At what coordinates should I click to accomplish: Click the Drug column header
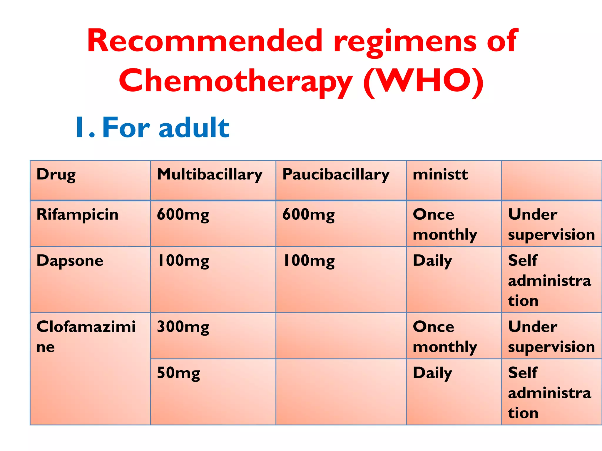(56, 175)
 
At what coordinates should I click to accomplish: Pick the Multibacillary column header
(209, 175)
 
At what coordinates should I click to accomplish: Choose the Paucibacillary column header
(336, 175)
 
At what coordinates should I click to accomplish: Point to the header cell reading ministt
(440, 175)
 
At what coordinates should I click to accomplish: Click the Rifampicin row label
(77, 215)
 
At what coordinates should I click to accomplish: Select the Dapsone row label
(70, 261)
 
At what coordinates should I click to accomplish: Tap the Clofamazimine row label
(86, 336)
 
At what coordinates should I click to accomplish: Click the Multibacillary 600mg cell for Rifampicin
(183, 215)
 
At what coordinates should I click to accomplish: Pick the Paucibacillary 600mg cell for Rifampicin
(308, 215)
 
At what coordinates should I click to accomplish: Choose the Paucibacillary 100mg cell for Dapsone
(308, 261)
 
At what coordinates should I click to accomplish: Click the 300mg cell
(183, 327)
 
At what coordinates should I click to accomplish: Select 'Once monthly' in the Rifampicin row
(445, 224)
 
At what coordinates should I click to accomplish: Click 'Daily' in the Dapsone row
(432, 261)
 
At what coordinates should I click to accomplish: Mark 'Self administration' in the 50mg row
(549, 393)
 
